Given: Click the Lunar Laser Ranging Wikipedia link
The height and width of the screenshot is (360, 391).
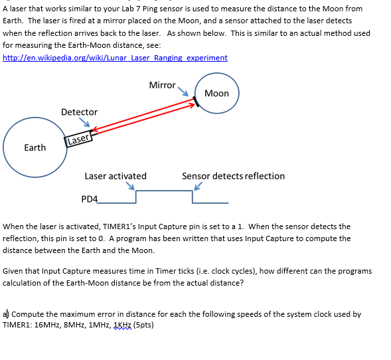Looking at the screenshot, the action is coord(115,58).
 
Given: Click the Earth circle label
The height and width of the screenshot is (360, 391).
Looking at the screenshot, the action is coord(35,147).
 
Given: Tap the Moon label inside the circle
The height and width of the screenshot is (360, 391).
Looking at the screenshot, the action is coord(216,93).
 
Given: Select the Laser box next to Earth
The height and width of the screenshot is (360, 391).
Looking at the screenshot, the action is coord(78,139).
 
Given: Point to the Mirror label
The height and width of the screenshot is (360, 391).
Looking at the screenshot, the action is coord(162,85).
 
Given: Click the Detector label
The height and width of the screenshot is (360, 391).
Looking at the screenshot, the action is coord(79,112).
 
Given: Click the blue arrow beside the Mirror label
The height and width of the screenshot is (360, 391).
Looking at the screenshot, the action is coord(186,92).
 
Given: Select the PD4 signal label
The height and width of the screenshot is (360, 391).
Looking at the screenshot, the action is coord(89,199).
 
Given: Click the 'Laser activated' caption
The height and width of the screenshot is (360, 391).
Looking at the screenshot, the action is coord(116,176).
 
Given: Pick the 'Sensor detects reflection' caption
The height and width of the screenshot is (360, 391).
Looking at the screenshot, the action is coord(233,176).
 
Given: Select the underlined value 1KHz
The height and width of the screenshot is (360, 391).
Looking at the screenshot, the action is coord(123,325).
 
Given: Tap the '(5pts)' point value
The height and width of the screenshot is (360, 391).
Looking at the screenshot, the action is coord(144,325).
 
